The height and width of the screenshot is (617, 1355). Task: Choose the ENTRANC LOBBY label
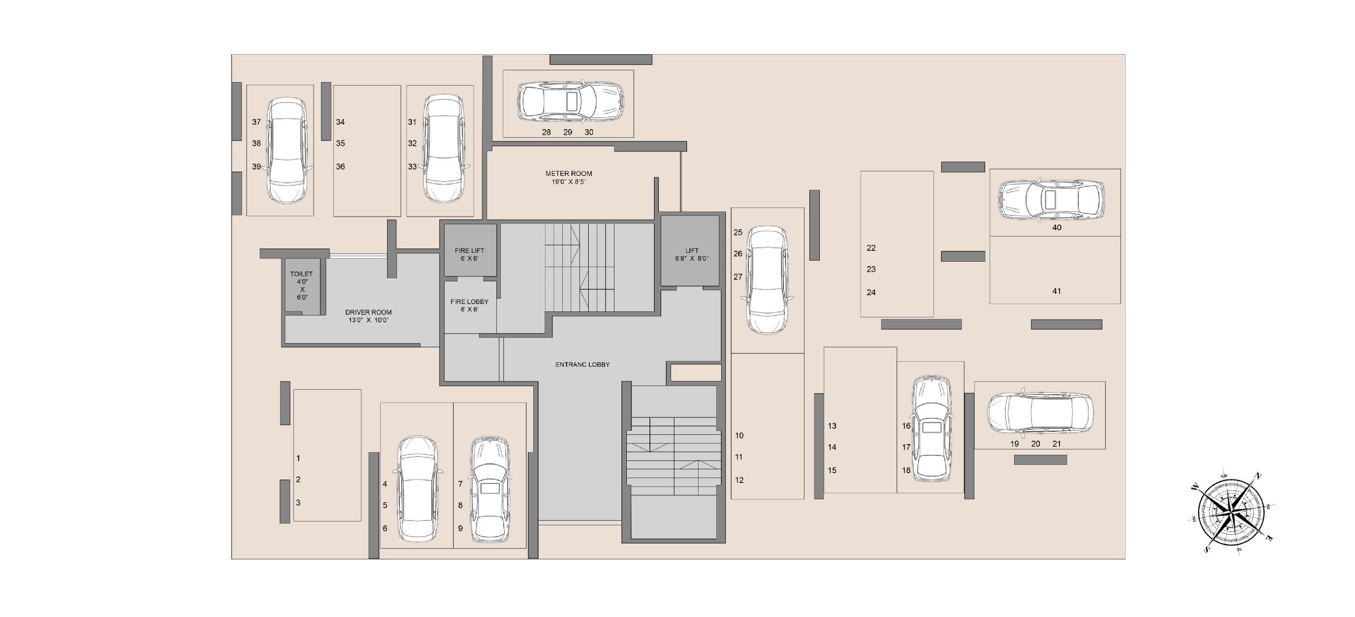tap(582, 364)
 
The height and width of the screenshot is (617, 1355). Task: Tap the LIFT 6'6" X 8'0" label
tap(692, 254)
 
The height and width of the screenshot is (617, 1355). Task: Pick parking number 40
tap(1057, 227)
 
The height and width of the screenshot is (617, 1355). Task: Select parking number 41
tap(1057, 291)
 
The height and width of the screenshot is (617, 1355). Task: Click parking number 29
tap(568, 132)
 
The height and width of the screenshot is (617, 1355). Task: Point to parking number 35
tap(340, 143)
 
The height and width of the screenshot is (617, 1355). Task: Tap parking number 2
tap(298, 480)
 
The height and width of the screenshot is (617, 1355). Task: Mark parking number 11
tap(739, 457)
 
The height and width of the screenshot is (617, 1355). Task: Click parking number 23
tap(871, 269)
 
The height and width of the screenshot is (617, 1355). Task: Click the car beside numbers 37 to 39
tap(287, 151)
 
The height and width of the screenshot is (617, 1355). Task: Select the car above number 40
tap(1051, 200)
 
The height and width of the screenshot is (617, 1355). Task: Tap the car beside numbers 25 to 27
tap(768, 280)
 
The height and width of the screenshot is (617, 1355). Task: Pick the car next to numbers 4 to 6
tap(417, 489)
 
